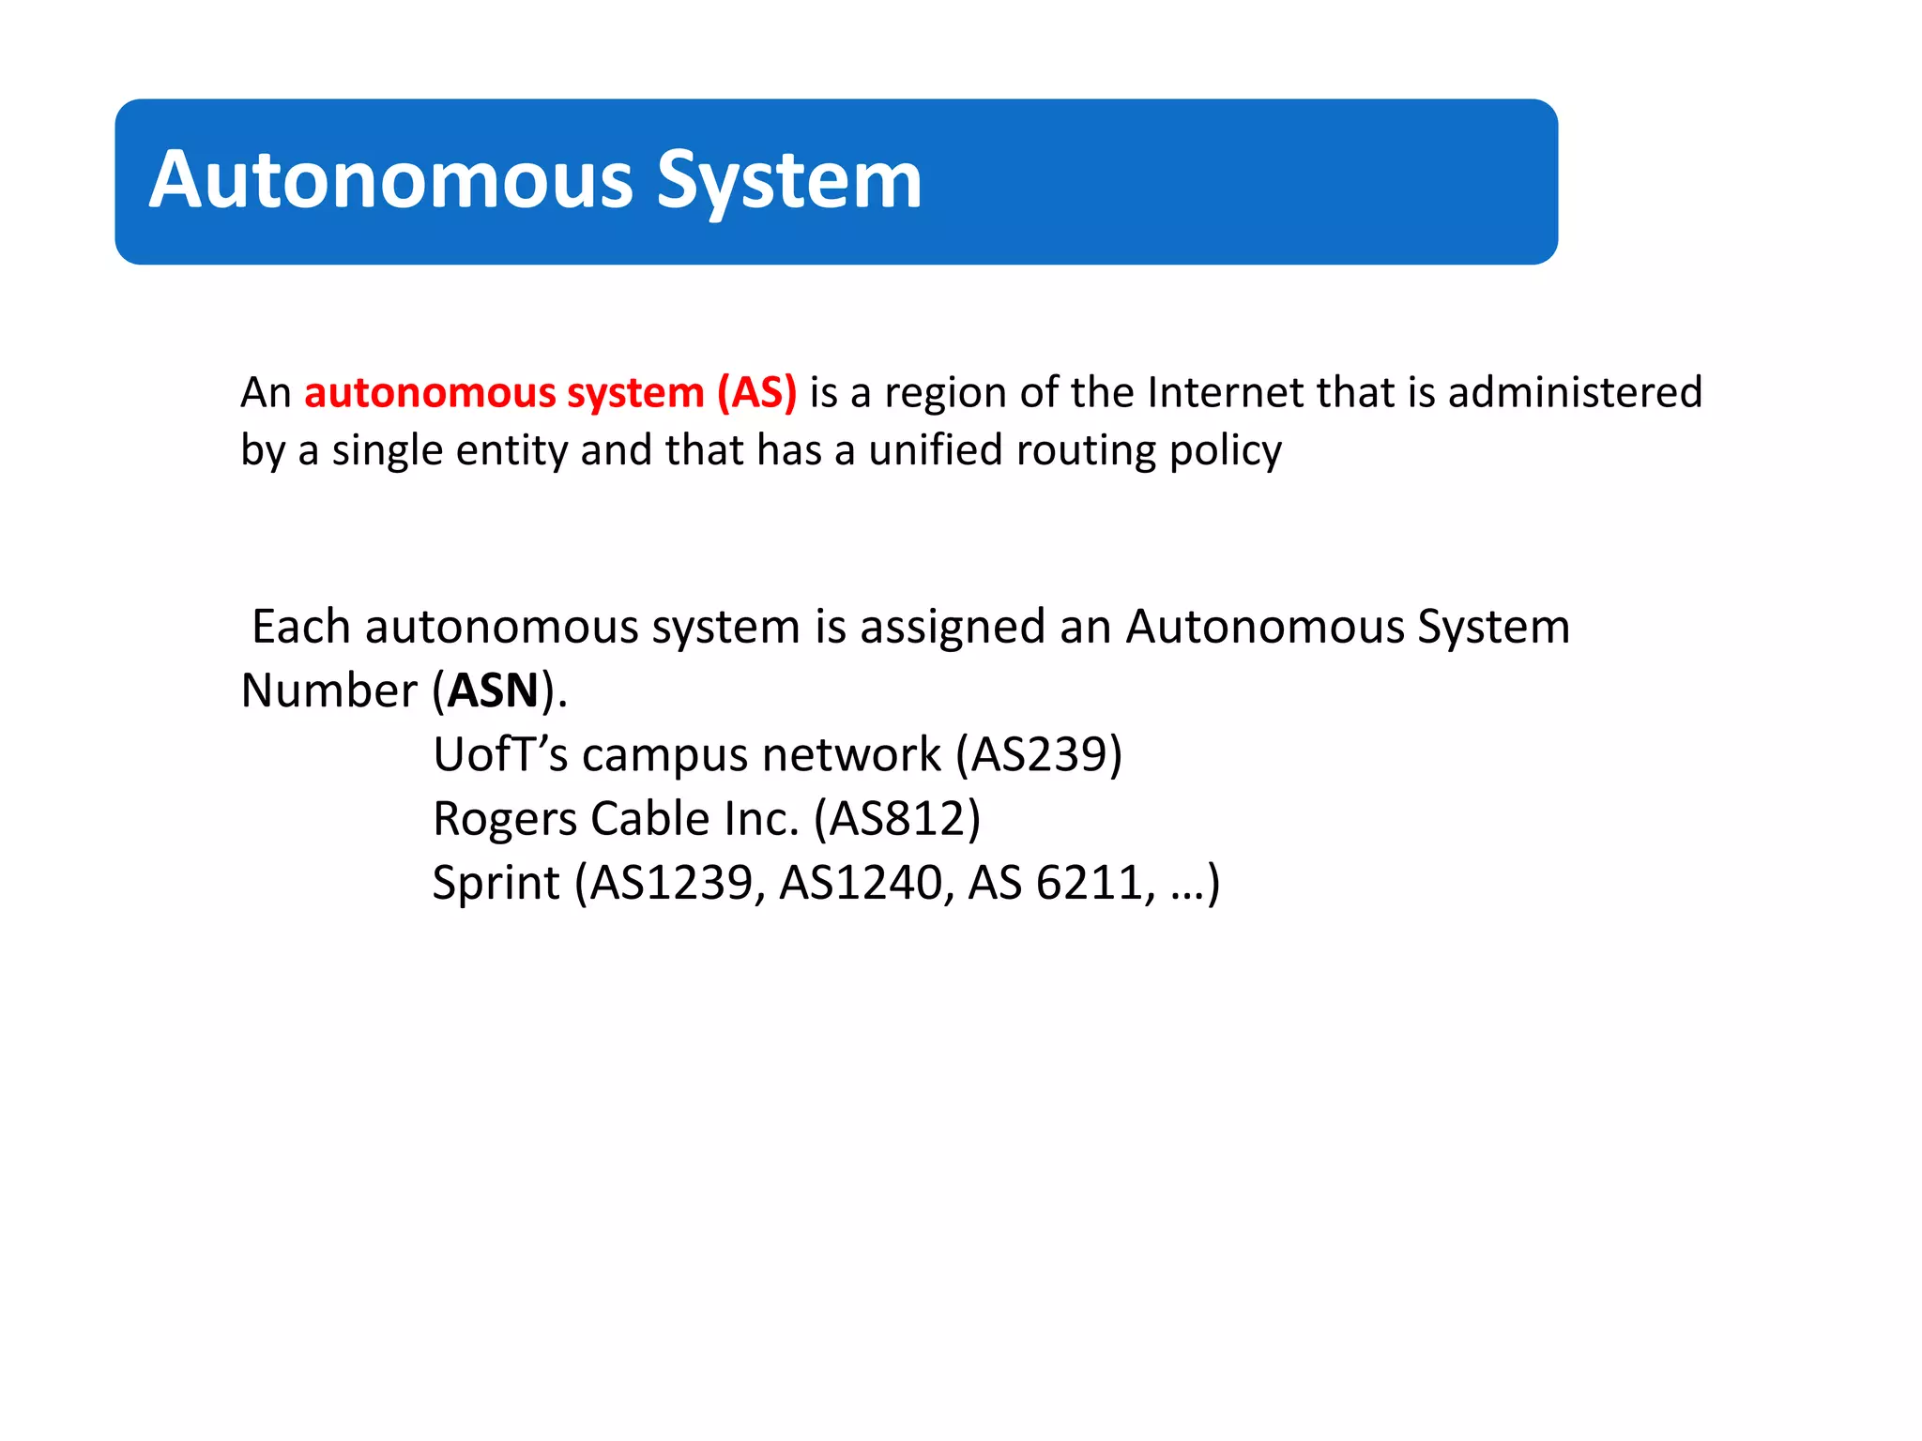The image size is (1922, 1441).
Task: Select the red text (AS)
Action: coord(756,392)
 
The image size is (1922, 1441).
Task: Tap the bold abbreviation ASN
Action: coord(493,690)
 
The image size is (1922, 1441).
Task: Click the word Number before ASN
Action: coord(328,690)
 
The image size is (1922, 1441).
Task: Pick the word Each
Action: coord(300,626)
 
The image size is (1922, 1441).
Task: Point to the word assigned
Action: coord(952,626)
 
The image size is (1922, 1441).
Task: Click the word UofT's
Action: coord(500,754)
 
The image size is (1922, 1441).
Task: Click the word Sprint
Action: coord(496,883)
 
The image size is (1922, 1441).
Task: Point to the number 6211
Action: coord(1090,883)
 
